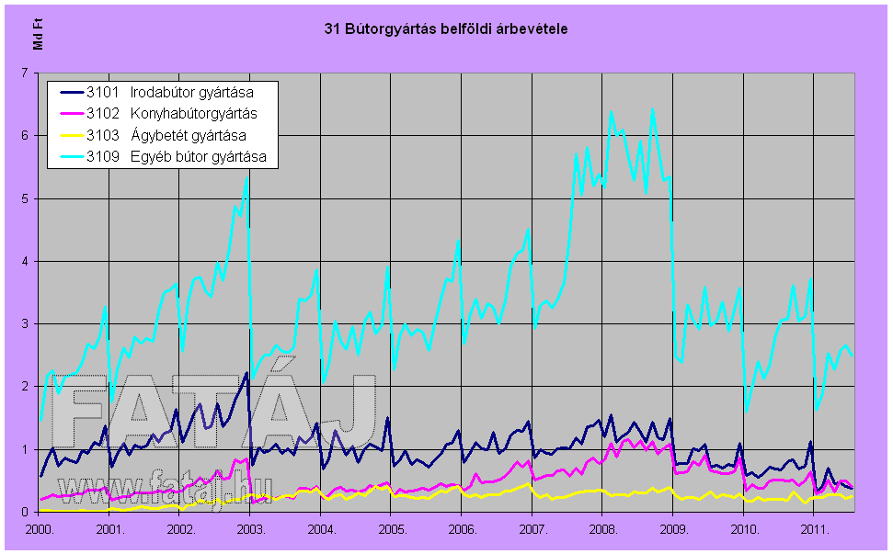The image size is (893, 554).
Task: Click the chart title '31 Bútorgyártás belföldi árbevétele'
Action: tap(446, 29)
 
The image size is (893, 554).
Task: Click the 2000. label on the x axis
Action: tap(40, 530)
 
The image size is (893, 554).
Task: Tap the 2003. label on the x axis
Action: tap(251, 530)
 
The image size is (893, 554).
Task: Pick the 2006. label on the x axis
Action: tap(462, 530)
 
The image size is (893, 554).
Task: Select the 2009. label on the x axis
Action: tap(673, 530)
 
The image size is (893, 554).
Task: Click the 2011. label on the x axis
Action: tap(814, 530)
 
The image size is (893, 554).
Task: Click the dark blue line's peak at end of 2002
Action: tap(246, 372)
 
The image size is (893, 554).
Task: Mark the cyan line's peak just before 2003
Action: tap(246, 177)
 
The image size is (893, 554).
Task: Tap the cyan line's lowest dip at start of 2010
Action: tap(746, 411)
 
